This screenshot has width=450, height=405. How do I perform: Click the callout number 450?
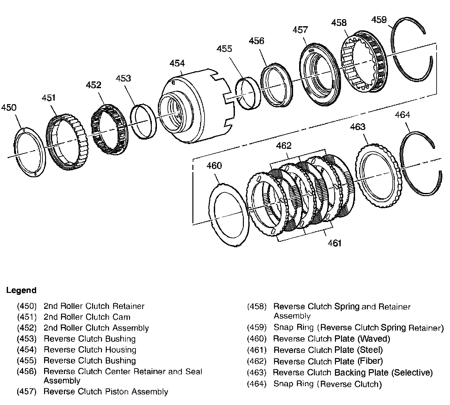pos(9,108)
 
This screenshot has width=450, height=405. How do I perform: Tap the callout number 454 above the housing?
pos(177,63)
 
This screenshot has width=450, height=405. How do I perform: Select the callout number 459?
pos(379,20)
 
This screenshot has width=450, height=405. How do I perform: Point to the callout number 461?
pos(334,243)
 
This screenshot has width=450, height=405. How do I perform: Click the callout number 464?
pos(402,115)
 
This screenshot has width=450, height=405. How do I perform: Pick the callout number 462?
pos(284,146)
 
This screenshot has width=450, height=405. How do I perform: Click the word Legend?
pos(21,290)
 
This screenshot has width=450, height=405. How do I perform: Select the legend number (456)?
pos(27,371)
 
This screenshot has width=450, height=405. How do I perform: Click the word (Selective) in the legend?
pos(412,373)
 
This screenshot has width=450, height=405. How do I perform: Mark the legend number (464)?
pos(257,384)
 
